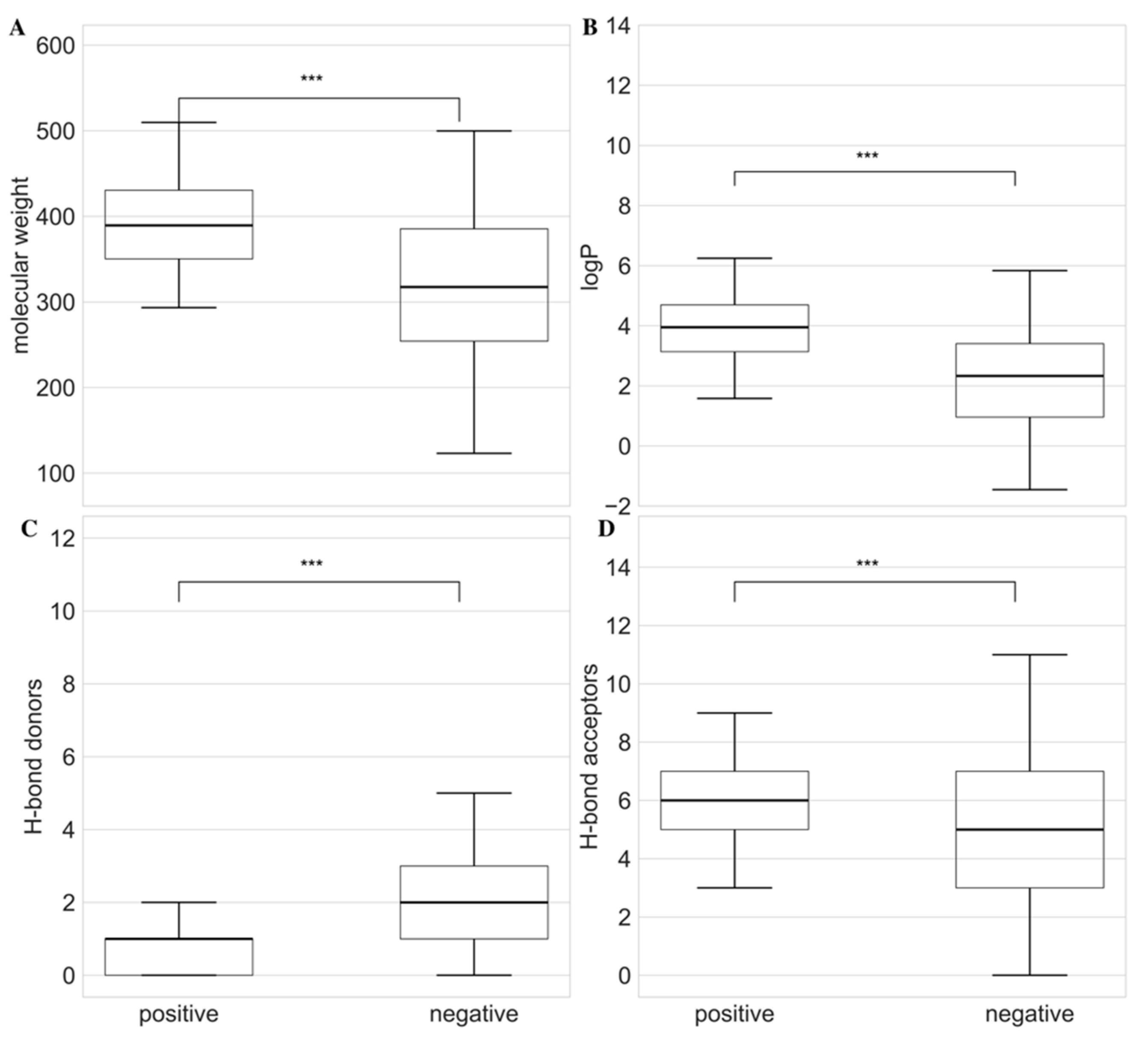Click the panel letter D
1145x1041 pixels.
(606, 529)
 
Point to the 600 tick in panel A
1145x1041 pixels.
(55, 46)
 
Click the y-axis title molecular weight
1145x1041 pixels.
(21, 265)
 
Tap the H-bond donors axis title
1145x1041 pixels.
(34, 757)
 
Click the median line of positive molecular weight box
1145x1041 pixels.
(179, 225)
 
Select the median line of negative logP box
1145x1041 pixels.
(1029, 376)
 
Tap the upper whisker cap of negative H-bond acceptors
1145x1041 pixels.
(1029, 655)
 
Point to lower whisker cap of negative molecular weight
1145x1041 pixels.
(473, 454)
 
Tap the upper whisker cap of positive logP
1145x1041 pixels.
(734, 258)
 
